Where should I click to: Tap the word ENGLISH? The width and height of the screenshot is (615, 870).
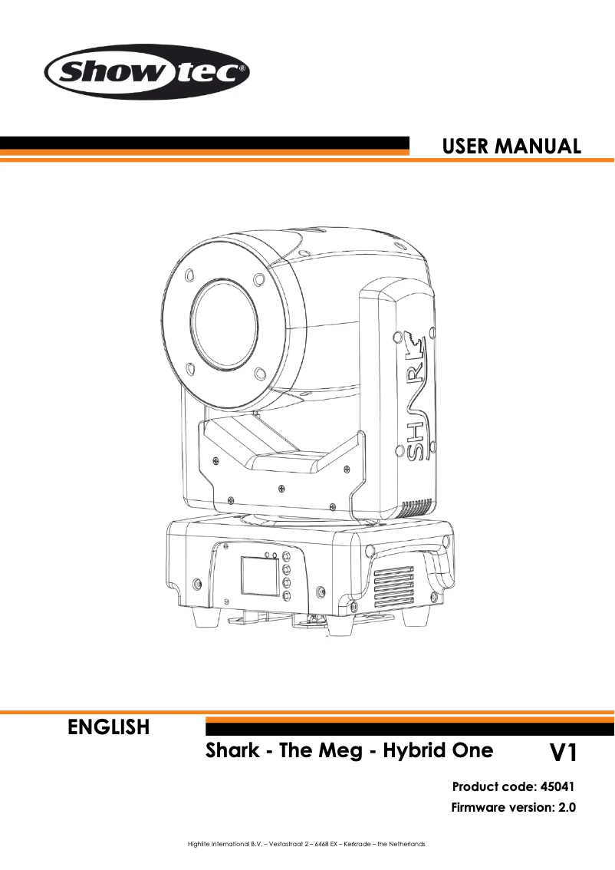coord(109,727)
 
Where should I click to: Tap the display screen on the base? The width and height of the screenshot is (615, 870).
coord(256,576)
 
